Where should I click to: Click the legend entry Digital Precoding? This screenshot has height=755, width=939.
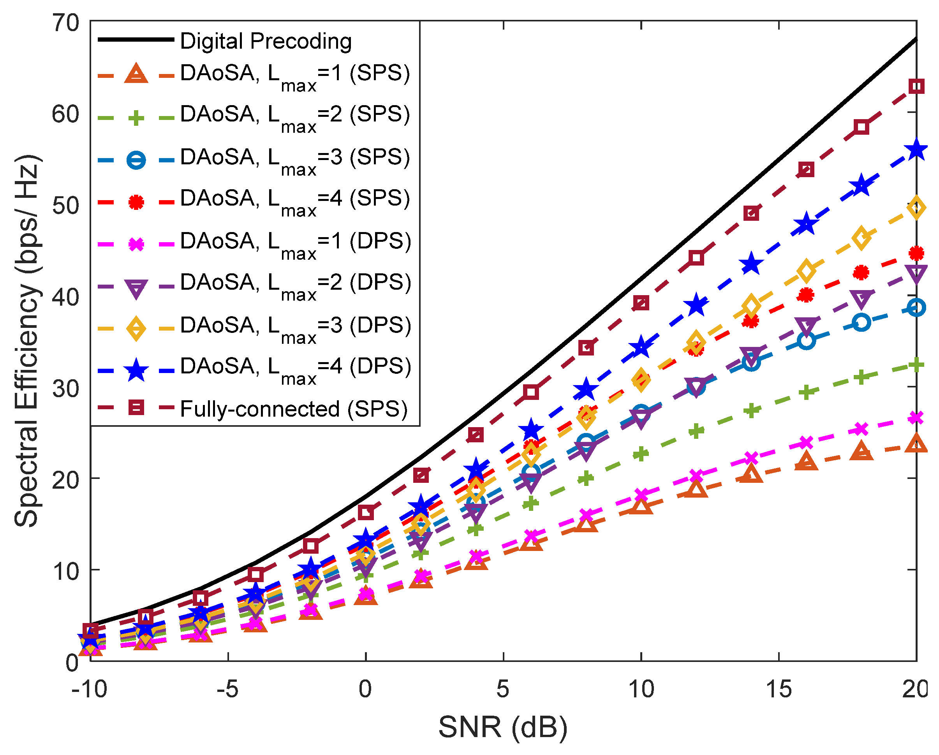point(266,41)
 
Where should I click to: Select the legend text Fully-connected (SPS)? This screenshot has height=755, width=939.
point(294,409)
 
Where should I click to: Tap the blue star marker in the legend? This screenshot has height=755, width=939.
point(136,371)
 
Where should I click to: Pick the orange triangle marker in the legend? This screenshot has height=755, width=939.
point(136,74)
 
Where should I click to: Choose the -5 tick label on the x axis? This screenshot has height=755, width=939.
point(227,689)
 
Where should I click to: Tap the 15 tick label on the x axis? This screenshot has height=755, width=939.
point(778,689)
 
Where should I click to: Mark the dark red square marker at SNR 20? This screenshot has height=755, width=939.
point(916,86)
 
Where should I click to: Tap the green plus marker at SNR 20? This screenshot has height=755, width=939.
point(916,364)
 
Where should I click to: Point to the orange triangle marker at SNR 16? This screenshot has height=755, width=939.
point(806,461)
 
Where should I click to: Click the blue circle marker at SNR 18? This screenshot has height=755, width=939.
point(861,323)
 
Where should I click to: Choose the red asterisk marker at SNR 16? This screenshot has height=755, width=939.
point(806,295)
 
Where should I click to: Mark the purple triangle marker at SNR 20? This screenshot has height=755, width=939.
point(916,273)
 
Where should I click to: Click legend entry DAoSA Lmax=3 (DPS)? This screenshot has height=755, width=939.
point(295,326)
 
